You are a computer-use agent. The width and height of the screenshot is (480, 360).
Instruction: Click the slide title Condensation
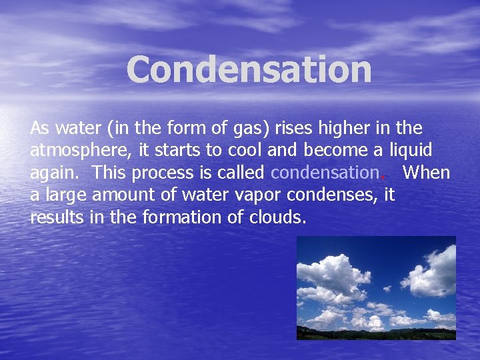pos(249,69)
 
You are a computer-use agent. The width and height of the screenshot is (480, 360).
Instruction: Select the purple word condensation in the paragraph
pos(325,173)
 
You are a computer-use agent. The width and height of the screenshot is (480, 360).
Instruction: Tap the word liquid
pos(411,150)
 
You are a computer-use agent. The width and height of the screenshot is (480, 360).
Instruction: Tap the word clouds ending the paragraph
pos(276,217)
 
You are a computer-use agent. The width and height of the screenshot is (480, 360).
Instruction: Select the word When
pos(427,173)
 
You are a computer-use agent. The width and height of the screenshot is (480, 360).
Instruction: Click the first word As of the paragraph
pos(39,127)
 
